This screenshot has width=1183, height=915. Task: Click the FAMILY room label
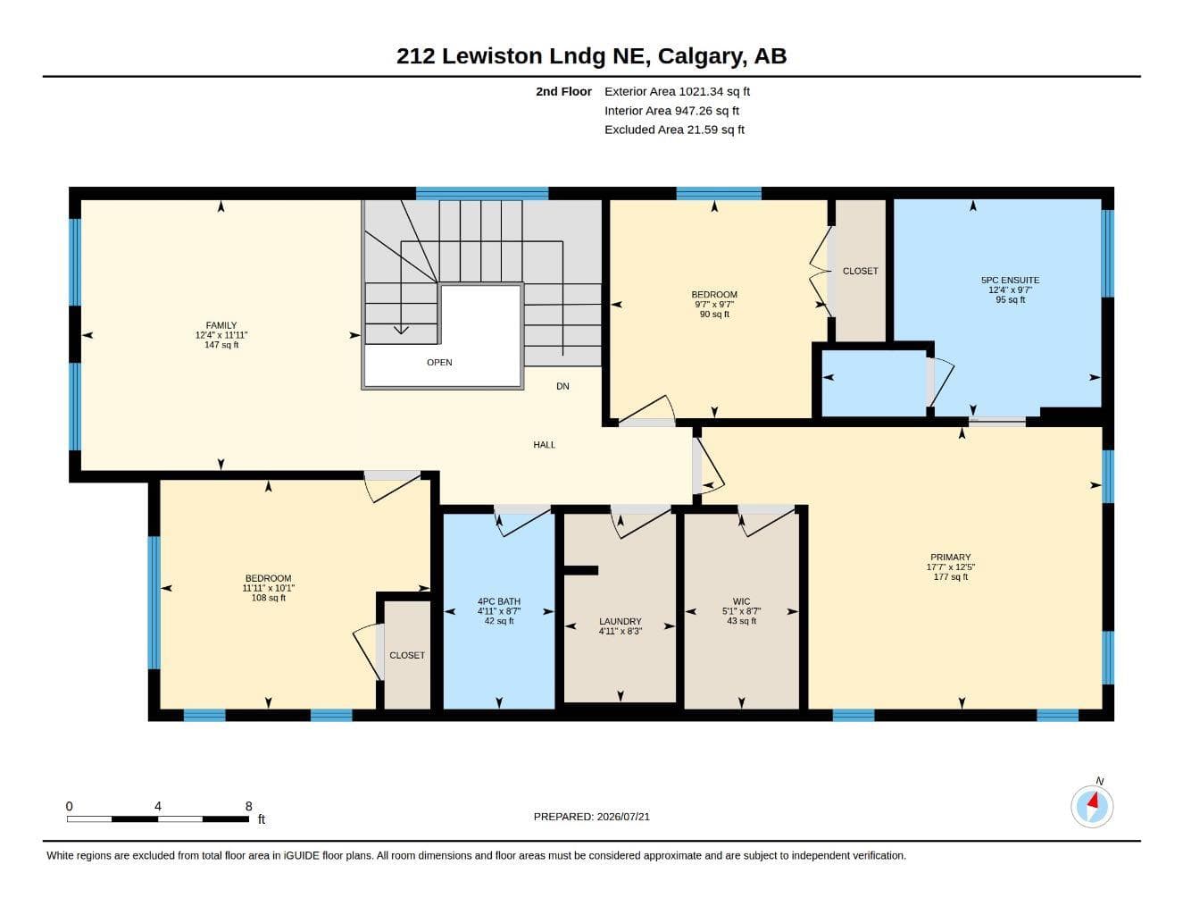click(221, 325)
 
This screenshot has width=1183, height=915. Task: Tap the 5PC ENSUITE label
click(1010, 280)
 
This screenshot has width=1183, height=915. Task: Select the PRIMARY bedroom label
click(950, 557)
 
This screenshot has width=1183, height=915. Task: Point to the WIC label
click(741, 601)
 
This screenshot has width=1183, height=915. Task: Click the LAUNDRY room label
click(621, 621)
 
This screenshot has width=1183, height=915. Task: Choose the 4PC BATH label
click(499, 601)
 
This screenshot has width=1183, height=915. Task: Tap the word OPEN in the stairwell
click(439, 362)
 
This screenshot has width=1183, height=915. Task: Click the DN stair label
click(562, 386)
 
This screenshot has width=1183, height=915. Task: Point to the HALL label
click(544, 444)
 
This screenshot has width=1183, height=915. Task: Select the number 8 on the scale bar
click(249, 806)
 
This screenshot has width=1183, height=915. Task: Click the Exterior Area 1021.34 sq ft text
click(677, 91)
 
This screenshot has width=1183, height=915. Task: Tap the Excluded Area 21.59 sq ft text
click(674, 130)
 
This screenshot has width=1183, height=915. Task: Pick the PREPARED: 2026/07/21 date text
click(591, 817)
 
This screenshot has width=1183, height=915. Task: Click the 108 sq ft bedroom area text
click(268, 598)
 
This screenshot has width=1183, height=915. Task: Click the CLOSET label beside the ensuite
click(860, 271)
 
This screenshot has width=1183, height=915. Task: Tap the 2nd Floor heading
click(563, 91)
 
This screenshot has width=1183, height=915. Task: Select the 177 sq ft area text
click(951, 576)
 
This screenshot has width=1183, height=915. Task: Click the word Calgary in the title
click(701, 56)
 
